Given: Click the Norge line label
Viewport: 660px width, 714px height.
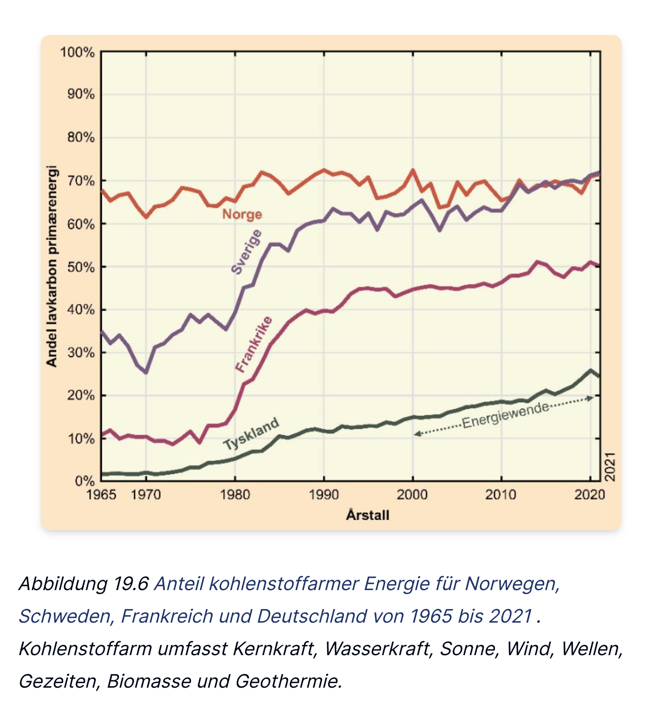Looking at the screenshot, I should coord(242,214).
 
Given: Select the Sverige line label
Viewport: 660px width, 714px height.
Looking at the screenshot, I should coord(246,252).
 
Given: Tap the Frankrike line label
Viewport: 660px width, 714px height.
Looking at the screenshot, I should coord(254,344).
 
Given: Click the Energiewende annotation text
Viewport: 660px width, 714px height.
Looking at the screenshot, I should coord(505,415).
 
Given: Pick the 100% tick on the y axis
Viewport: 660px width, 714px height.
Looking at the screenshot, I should coord(77,52).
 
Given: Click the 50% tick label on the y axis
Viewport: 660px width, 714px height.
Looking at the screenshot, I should coord(81,267).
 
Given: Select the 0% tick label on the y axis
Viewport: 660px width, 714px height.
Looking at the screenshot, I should coord(84,481).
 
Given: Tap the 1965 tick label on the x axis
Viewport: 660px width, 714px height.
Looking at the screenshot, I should coord(101,495).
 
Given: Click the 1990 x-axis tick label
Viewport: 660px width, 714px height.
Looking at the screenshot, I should coord(324,495).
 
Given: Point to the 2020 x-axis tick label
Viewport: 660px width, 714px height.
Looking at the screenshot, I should coord(590,495).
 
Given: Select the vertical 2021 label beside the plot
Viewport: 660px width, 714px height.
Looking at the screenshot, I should coord(610,467).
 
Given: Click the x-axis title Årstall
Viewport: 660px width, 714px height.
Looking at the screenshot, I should coord(368,515).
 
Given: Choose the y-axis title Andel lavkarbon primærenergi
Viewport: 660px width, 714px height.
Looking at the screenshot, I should coord(52,266).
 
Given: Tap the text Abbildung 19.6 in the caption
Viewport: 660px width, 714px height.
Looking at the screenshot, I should coord(84,584).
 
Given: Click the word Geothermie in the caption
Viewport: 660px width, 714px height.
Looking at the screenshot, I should coord(289,681).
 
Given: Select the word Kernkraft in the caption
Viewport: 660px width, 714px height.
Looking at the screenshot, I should coord(275,649).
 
